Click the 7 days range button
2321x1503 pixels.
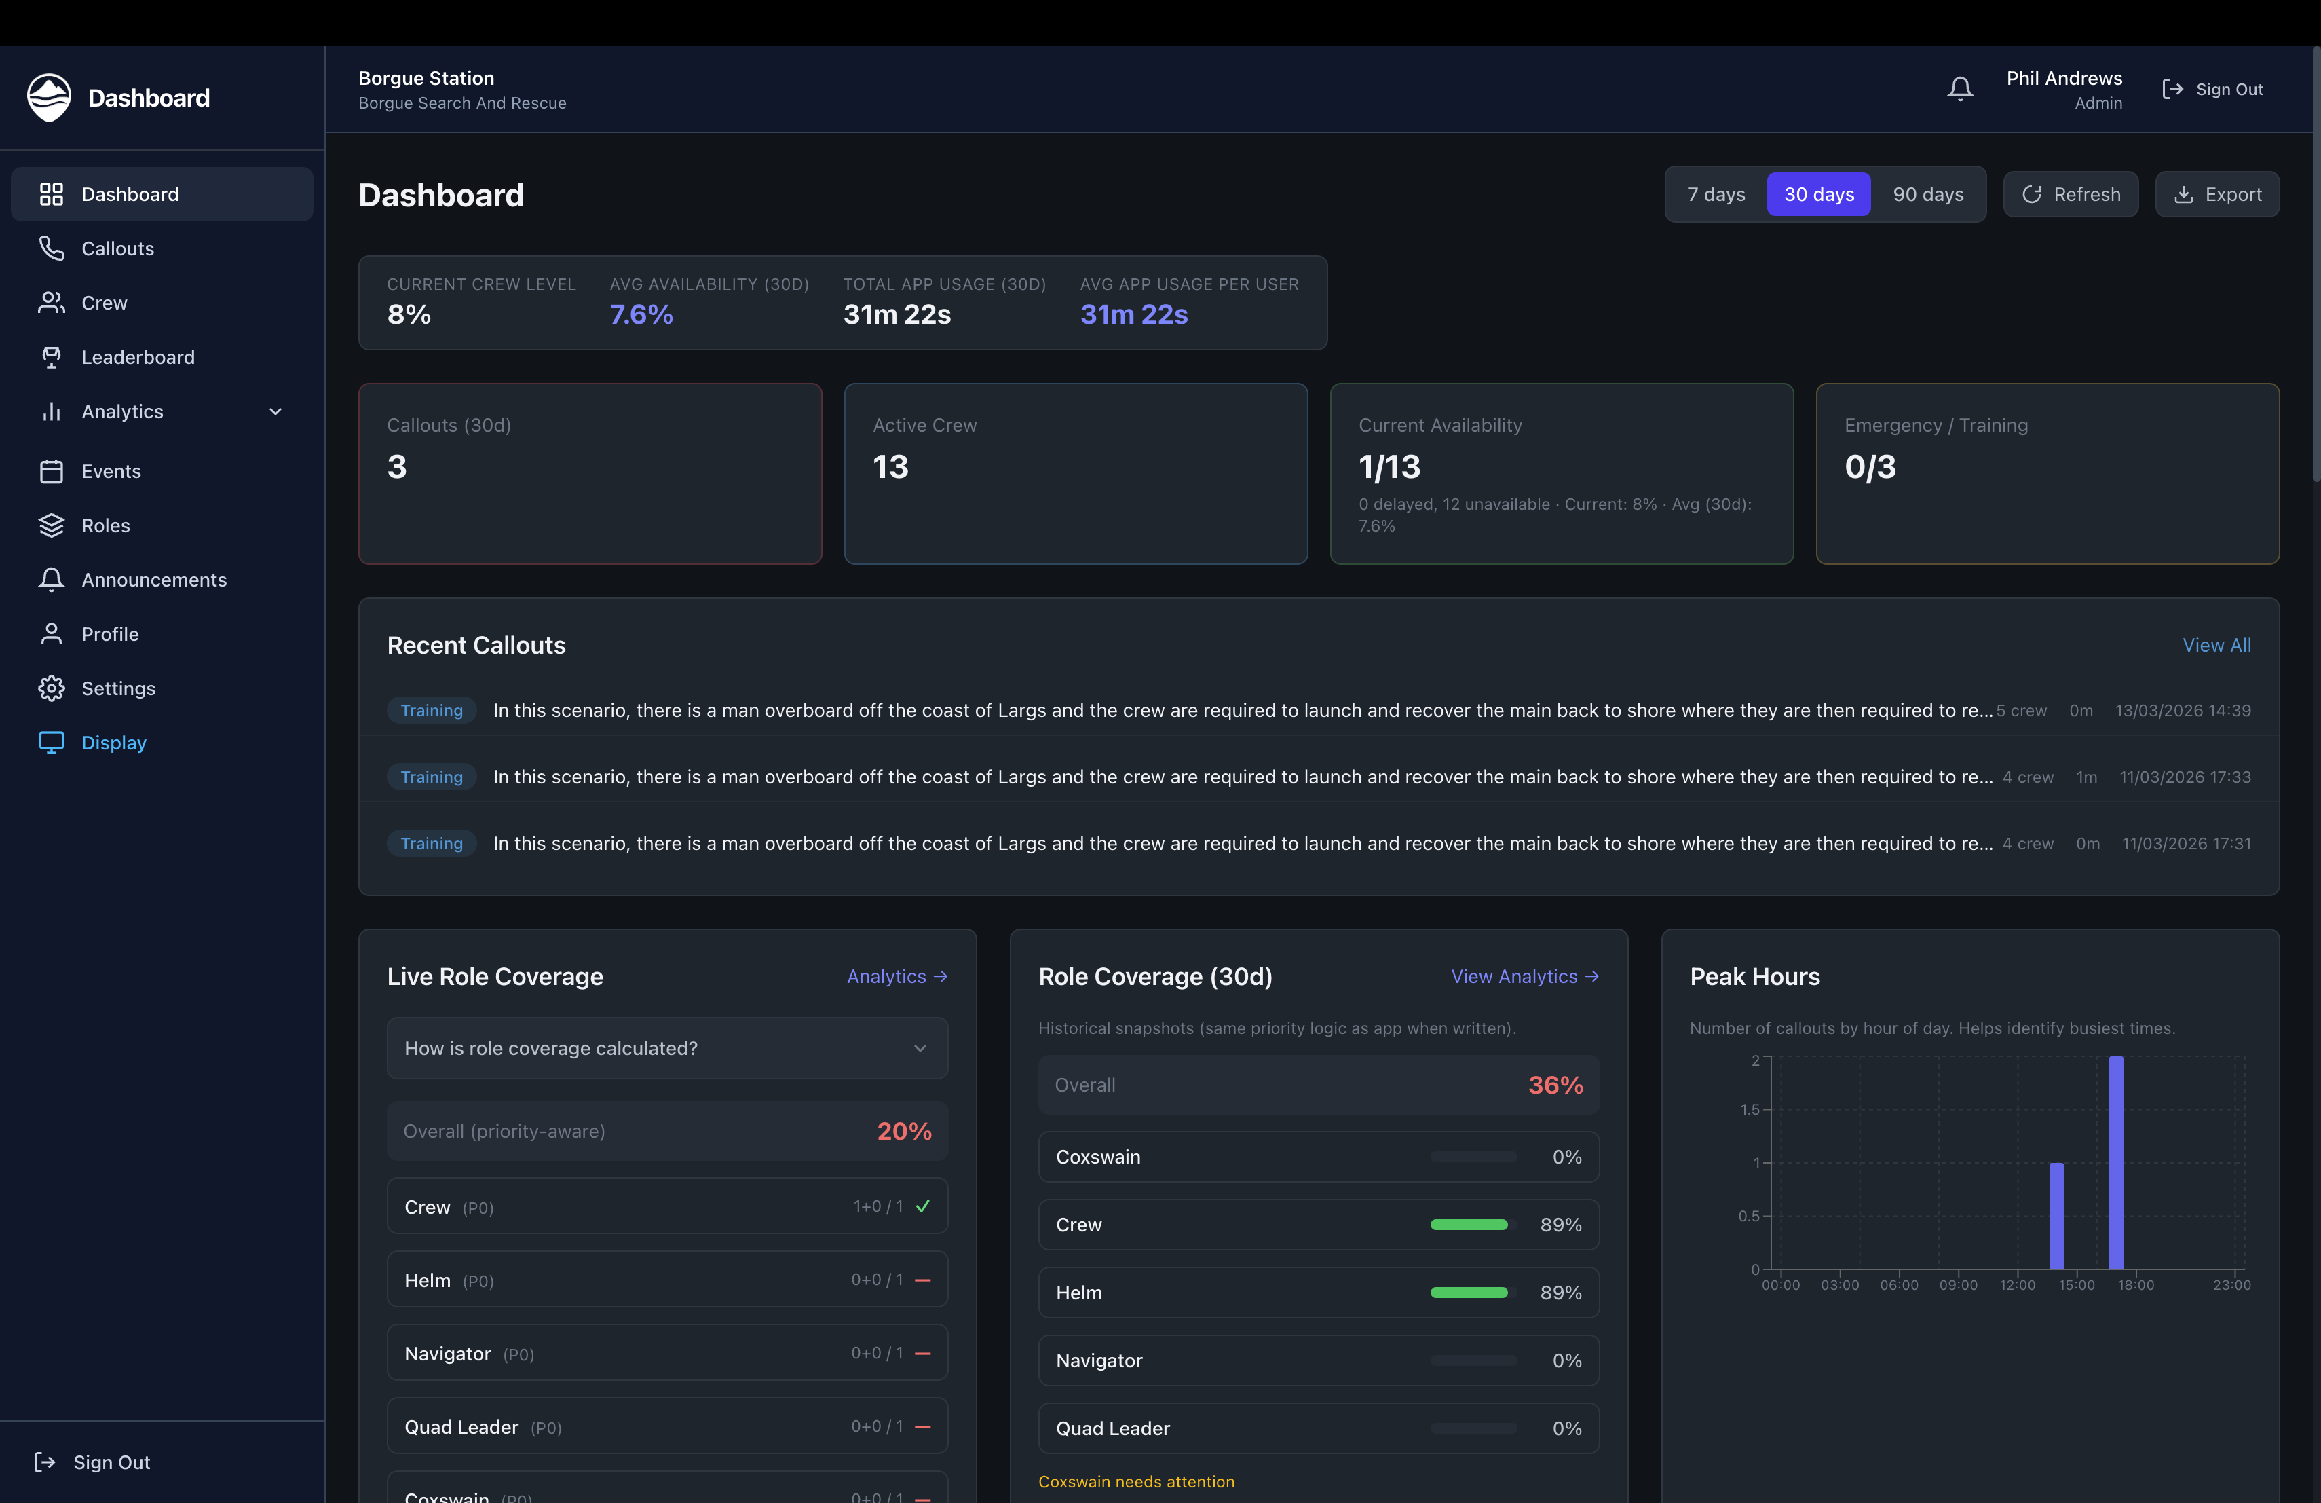1716,195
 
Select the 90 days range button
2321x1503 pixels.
1928,195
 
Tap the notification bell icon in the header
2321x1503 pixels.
1960,90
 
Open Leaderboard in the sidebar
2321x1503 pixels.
138,357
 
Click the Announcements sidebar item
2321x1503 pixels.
153,579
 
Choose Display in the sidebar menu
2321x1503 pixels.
113,742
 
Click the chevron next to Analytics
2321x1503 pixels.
276,411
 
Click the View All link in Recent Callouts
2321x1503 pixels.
2216,646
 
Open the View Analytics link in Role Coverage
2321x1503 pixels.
1524,976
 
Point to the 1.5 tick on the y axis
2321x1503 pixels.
1750,1110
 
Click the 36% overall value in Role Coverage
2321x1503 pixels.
1555,1085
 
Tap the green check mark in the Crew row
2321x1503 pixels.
922,1206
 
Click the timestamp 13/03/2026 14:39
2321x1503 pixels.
2183,711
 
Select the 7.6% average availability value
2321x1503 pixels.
641,315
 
